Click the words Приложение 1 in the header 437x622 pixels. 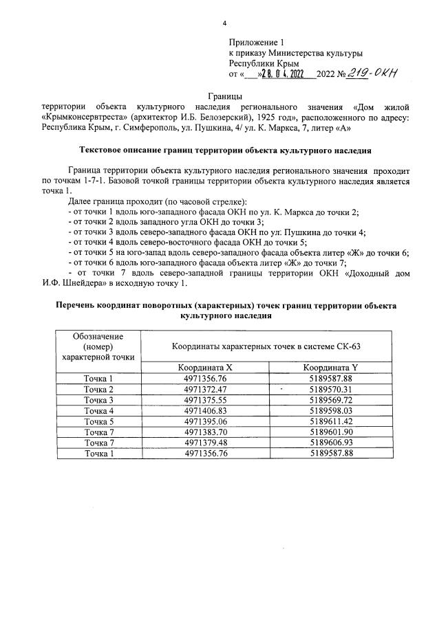(255, 42)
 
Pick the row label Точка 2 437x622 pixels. (98, 389)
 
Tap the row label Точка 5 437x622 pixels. (98, 421)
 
